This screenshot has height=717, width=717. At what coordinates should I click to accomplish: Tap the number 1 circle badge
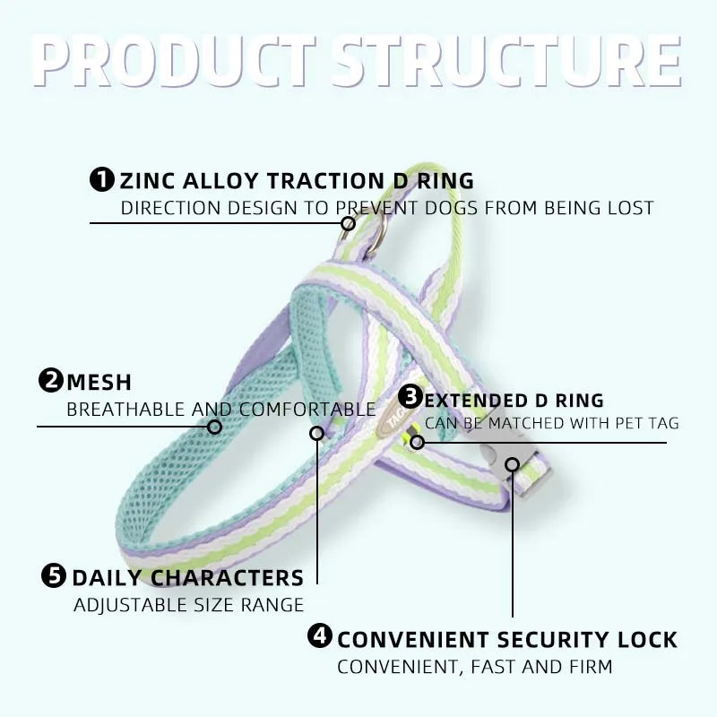102,179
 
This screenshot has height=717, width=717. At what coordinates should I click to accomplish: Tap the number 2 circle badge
51,380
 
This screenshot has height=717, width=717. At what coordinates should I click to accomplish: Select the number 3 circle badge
410,396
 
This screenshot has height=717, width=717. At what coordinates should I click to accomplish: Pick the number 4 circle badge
320,635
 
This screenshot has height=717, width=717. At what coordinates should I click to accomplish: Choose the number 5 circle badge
54,575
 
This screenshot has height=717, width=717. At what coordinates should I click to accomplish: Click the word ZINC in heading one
147,181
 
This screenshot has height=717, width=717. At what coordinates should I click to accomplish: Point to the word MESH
99,383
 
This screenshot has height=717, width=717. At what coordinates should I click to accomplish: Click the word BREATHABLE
125,410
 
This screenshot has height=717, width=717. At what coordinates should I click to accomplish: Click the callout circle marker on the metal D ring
348,223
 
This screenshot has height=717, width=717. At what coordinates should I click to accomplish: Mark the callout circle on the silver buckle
513,464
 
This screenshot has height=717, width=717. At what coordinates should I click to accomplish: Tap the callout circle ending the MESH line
214,428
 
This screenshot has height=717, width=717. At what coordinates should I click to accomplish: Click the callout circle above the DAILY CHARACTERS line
317,433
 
